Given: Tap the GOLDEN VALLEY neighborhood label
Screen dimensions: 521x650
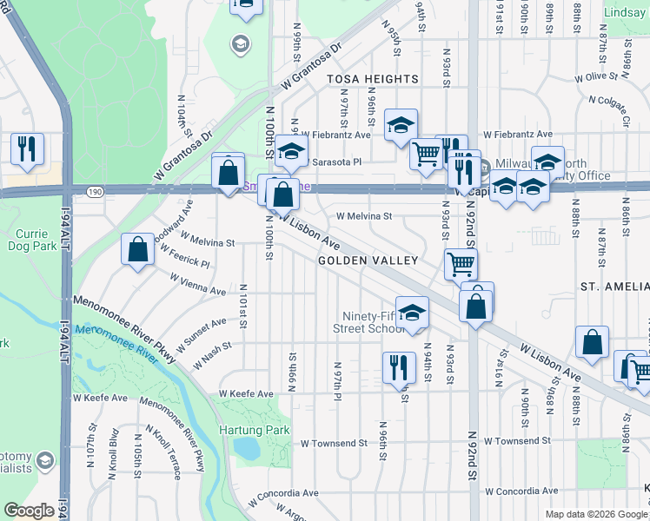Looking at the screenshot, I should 368,260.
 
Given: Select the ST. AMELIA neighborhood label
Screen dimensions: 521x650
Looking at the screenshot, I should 614,286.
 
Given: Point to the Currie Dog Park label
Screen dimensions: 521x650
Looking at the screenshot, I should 36,241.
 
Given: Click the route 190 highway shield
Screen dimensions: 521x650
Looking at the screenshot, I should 96,188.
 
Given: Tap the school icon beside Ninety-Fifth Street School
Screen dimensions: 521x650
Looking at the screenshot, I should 413,313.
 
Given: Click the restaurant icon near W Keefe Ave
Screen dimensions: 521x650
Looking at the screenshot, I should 399,366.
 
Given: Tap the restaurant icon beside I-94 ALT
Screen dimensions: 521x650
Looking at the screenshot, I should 27,148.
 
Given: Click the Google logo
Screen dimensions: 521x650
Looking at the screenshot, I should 29,511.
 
